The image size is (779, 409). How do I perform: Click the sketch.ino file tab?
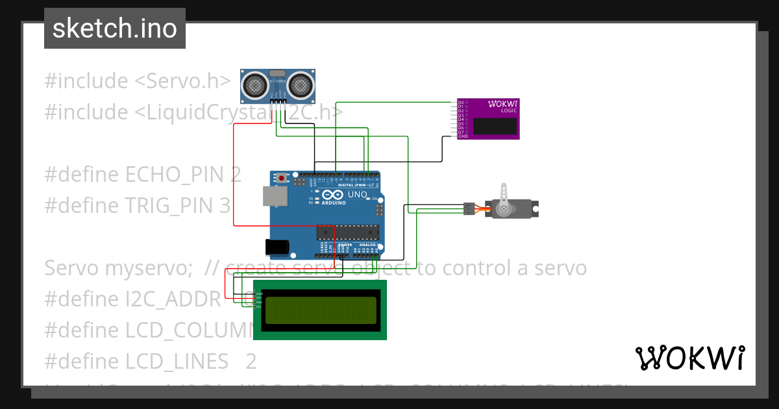[114, 29]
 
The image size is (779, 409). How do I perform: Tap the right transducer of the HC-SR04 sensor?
[301, 84]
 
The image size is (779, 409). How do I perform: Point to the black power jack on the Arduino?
[277, 247]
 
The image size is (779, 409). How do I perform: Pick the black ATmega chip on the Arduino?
[347, 232]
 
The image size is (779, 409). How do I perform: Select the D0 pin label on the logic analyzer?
[461, 103]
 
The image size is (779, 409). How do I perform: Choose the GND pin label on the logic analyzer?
[462, 136]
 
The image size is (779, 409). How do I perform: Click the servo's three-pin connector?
[468, 208]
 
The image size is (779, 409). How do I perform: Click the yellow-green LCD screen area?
[320, 310]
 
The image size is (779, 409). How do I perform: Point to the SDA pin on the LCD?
[258, 302]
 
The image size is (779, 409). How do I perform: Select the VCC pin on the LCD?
[258, 298]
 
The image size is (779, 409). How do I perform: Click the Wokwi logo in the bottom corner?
[689, 358]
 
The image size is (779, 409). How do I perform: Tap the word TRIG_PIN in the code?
[169, 205]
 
